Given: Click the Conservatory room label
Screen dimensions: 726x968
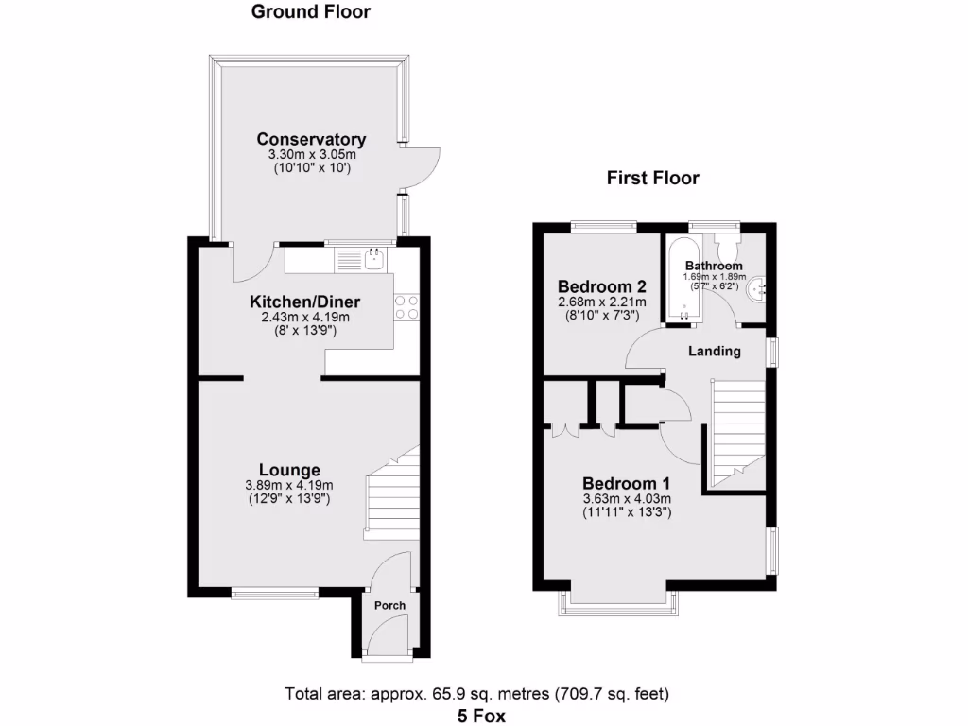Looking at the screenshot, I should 311,140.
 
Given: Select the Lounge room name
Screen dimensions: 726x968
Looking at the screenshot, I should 289,470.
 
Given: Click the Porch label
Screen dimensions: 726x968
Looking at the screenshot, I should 389,605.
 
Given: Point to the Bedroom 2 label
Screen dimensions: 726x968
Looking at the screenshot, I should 601,287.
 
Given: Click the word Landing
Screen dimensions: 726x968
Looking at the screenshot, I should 714,352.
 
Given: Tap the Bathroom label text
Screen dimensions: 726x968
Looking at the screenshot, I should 714,266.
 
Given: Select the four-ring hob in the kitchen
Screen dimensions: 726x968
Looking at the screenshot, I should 406,306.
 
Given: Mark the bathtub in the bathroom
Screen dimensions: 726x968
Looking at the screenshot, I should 683,280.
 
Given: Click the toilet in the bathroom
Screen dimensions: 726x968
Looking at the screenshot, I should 729,248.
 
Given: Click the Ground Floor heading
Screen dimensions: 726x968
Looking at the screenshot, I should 310,12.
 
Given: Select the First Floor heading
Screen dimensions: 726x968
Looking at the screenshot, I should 653,178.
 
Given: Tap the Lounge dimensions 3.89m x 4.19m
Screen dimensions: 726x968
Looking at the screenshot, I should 288,486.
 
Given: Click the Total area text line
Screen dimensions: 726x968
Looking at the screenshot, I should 477,694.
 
